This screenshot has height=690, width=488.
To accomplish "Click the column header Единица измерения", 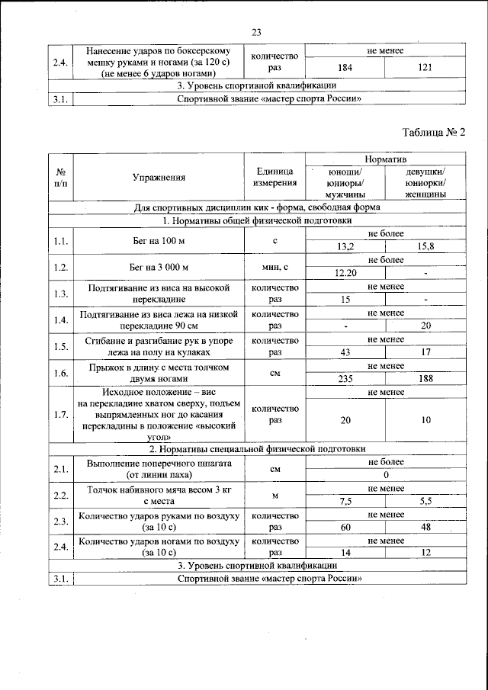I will click(x=275, y=177).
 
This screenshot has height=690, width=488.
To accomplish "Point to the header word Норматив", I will click(x=385, y=159).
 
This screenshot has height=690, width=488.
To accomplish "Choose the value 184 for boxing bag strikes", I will click(x=345, y=68).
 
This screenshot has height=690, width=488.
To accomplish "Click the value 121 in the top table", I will click(x=425, y=68).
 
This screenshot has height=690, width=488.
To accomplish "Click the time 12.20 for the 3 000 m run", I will click(x=345, y=273).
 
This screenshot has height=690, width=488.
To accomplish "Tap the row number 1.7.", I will click(x=60, y=414).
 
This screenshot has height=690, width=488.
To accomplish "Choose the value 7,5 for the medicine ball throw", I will click(x=345, y=501).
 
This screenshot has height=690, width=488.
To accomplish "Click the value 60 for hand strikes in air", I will click(x=345, y=527).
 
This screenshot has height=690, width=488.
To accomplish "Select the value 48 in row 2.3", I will click(x=425, y=527).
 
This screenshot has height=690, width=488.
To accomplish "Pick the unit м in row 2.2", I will click(x=275, y=496).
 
